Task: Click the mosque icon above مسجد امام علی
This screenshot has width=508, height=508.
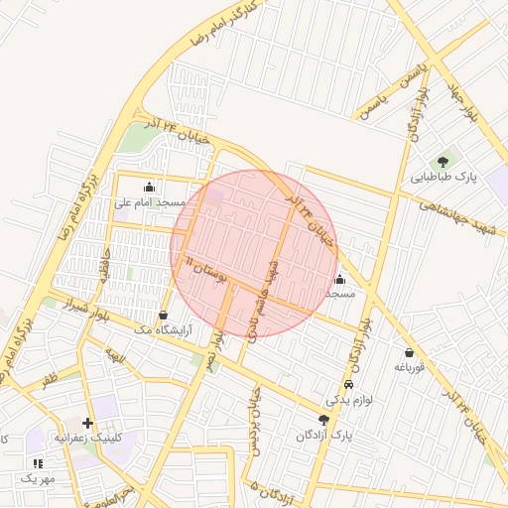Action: pos(150,186)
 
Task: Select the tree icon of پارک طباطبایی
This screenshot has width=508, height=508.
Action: pos(443,162)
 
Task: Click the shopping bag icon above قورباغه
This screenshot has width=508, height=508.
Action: pos(409,352)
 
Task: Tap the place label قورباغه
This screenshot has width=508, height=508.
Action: pos(409,367)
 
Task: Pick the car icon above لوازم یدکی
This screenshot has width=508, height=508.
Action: pos(348,385)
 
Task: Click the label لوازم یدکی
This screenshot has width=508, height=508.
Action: pos(348,401)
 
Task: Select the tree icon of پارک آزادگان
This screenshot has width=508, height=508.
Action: pos(323,420)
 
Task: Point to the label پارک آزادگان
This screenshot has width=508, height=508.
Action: pos(323,436)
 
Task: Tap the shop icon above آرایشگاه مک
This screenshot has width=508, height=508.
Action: pos(163,316)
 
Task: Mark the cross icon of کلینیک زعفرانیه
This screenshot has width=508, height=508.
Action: pos(88,422)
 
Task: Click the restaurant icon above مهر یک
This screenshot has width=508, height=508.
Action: pos(39,462)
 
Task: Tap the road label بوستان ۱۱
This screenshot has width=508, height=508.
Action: pos(206,267)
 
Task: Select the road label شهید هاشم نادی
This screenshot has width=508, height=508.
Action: pos(263,297)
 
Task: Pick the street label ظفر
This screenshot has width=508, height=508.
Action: pos(50,379)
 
